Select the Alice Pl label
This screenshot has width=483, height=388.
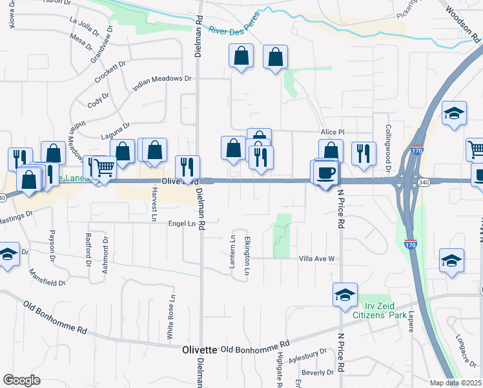pyautogui.click(x=333, y=132)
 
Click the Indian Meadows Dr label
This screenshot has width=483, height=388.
pyautogui.click(x=162, y=79)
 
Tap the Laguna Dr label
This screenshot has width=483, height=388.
pyautogui.click(x=116, y=129)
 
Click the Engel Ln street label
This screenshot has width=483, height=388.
pyautogui.click(x=181, y=223)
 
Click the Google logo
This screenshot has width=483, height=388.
pyautogui.click(x=21, y=380)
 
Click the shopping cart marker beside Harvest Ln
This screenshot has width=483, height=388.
pyautogui.click(x=103, y=168)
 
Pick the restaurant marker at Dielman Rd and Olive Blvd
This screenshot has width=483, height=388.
pyautogui.click(x=188, y=167)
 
